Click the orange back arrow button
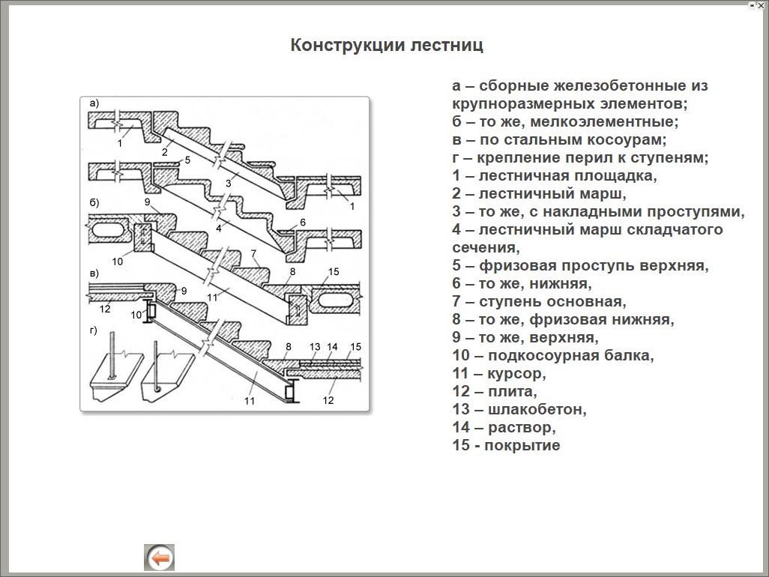tap(159, 558)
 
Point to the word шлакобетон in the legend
tap(537, 409)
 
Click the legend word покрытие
tap(522, 445)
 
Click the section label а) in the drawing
tap(94, 103)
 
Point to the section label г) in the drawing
tap(94, 330)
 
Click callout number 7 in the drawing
tap(254, 253)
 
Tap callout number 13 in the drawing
tap(315, 347)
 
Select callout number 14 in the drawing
tap(333, 347)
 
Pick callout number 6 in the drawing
tap(303, 223)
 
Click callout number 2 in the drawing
tap(164, 152)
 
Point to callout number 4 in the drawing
tap(219, 227)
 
